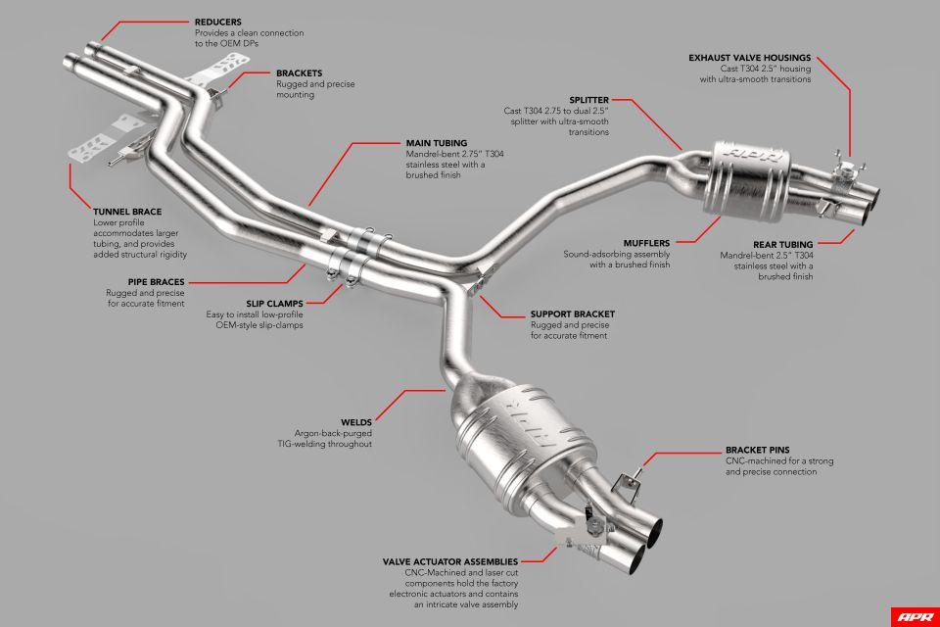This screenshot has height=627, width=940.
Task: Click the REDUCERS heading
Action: tap(219, 21)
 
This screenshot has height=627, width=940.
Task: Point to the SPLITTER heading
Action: tap(587, 99)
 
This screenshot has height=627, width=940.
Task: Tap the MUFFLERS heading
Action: tap(646, 242)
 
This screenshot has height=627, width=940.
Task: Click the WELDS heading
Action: tap(354, 420)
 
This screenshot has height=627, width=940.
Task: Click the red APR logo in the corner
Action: tap(914, 616)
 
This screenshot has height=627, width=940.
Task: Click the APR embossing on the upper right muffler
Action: tap(741, 158)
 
